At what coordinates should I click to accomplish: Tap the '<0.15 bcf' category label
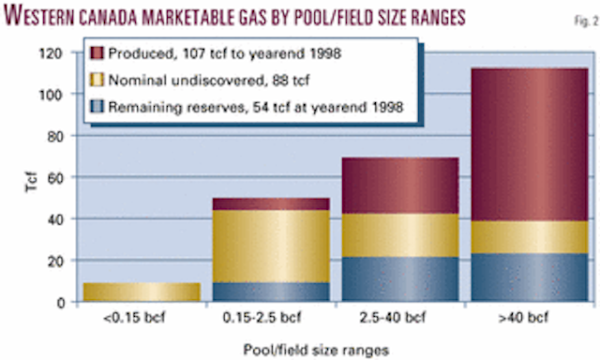(x=142, y=319)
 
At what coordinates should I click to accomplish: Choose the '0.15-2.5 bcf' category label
(x=272, y=319)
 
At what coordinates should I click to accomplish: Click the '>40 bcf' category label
(x=531, y=319)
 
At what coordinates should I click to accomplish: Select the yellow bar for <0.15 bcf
(x=142, y=292)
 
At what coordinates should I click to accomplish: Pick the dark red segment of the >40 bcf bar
(x=531, y=145)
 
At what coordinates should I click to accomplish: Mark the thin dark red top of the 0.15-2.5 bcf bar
(x=272, y=203)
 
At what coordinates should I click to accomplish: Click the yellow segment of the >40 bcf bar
(x=531, y=238)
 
